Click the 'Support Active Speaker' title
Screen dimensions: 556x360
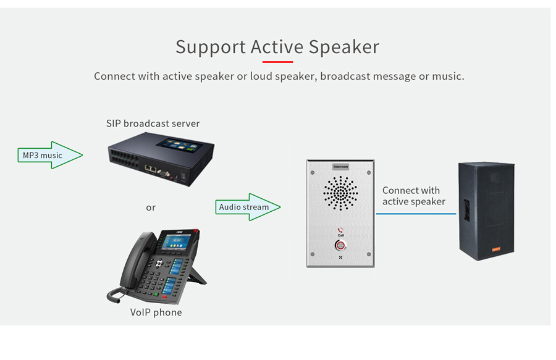tap(277, 48)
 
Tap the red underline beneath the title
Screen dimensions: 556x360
tap(277, 62)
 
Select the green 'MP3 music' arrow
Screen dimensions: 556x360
tap(50, 155)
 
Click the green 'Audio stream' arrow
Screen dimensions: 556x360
tap(248, 207)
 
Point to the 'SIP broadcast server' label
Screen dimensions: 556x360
tap(153, 123)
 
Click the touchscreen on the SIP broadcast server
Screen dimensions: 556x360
tap(180, 145)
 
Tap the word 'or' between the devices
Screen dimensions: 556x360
tap(151, 207)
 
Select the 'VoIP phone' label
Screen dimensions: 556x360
tap(156, 312)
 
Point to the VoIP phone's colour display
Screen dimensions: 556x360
tap(177, 241)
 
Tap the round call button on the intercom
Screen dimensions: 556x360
tap(340, 245)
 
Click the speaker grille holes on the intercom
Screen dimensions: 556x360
tap(340, 193)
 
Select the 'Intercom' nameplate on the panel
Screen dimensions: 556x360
tap(340, 167)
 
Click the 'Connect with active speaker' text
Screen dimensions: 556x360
tap(413, 196)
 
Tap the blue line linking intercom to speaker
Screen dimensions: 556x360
tap(416, 214)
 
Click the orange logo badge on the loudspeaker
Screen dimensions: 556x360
tap(496, 249)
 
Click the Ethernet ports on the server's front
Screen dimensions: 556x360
tap(150, 169)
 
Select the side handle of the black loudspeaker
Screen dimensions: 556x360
tap(466, 211)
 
